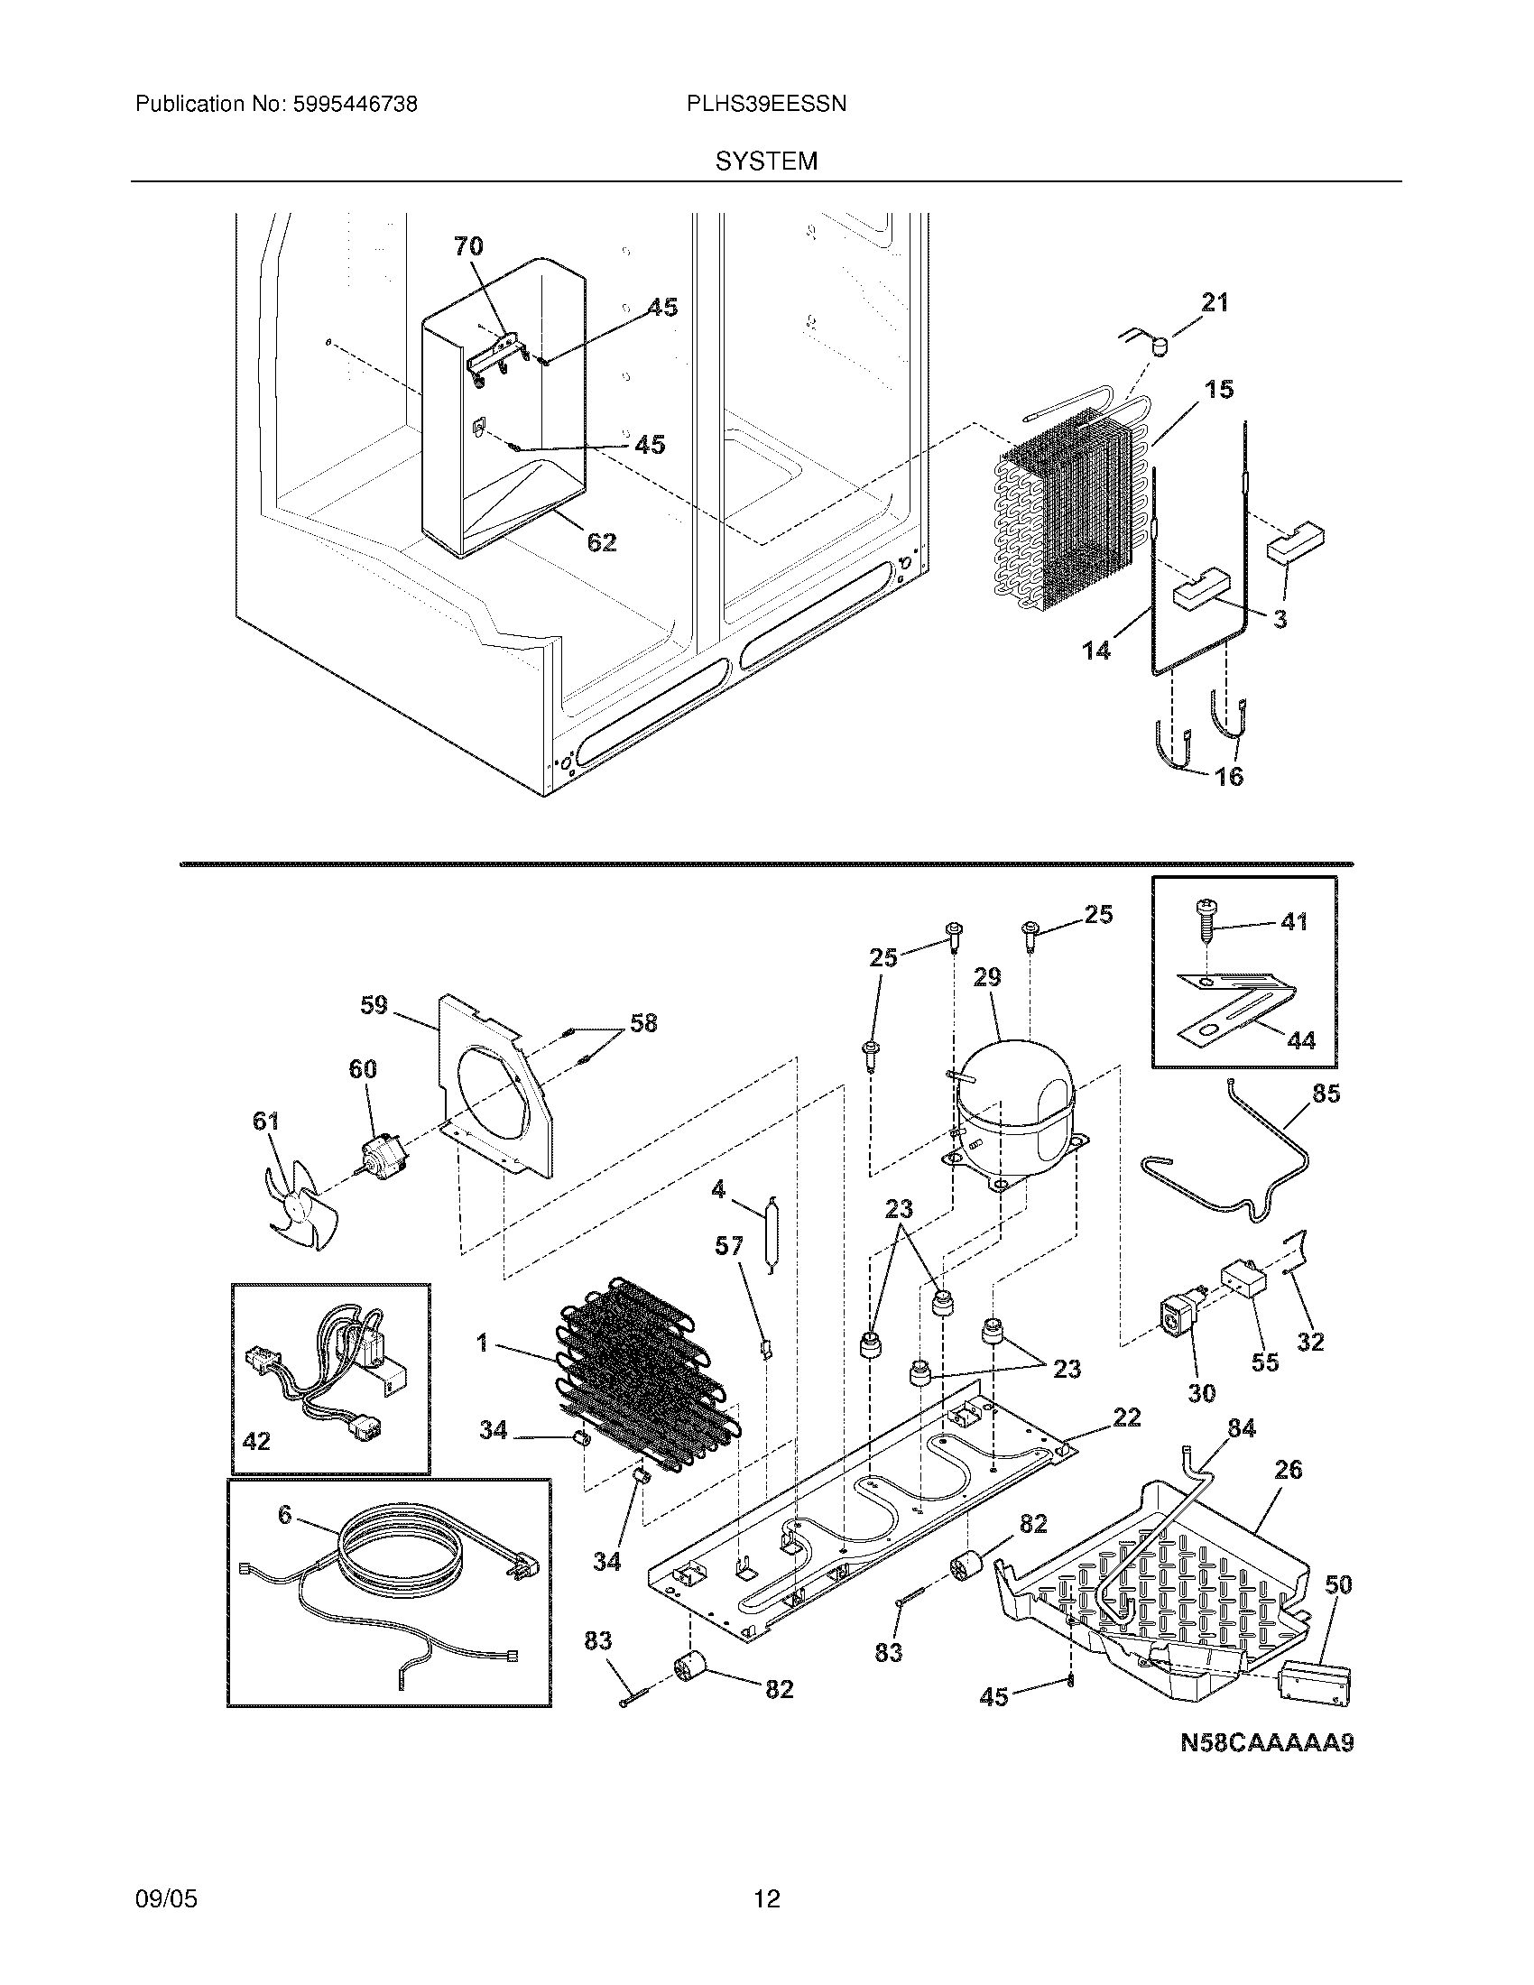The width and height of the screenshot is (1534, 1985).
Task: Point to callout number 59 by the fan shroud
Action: [x=374, y=1005]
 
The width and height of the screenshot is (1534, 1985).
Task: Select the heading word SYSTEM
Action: [x=766, y=162]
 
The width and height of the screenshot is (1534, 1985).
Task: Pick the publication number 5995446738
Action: [x=354, y=105]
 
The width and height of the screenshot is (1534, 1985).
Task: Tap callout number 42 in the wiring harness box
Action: [x=257, y=1441]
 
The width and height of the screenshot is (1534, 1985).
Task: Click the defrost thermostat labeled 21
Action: [x=1158, y=346]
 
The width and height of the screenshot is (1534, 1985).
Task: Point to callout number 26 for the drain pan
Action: [x=1288, y=1469]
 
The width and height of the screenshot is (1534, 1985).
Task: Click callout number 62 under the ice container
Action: [x=602, y=542]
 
